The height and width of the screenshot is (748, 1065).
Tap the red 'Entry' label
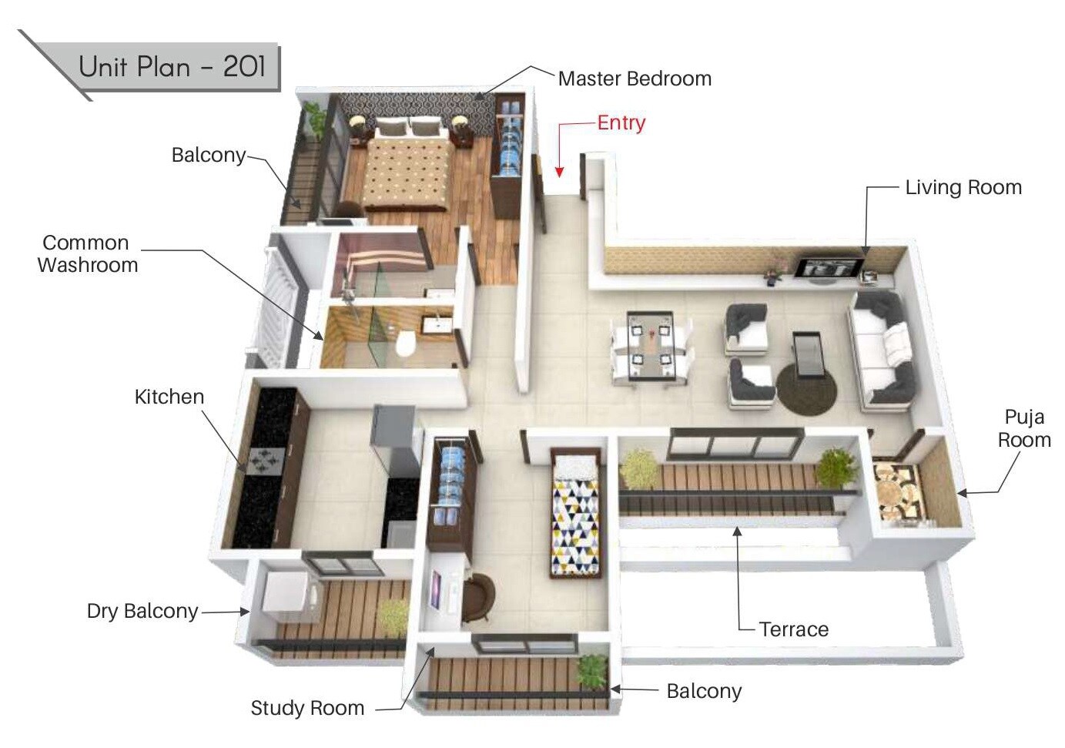[x=621, y=123]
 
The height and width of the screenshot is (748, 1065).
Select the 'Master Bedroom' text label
[x=634, y=79]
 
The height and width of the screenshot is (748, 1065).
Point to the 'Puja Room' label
[x=1023, y=428]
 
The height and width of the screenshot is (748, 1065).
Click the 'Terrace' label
[x=793, y=629]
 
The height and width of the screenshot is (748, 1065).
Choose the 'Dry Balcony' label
[x=142, y=611]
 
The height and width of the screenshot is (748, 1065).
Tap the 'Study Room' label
[x=307, y=708]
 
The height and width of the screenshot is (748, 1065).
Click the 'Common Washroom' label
[x=87, y=253]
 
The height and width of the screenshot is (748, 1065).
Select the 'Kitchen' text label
[x=169, y=397]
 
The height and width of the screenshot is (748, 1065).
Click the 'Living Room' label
[x=963, y=187]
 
